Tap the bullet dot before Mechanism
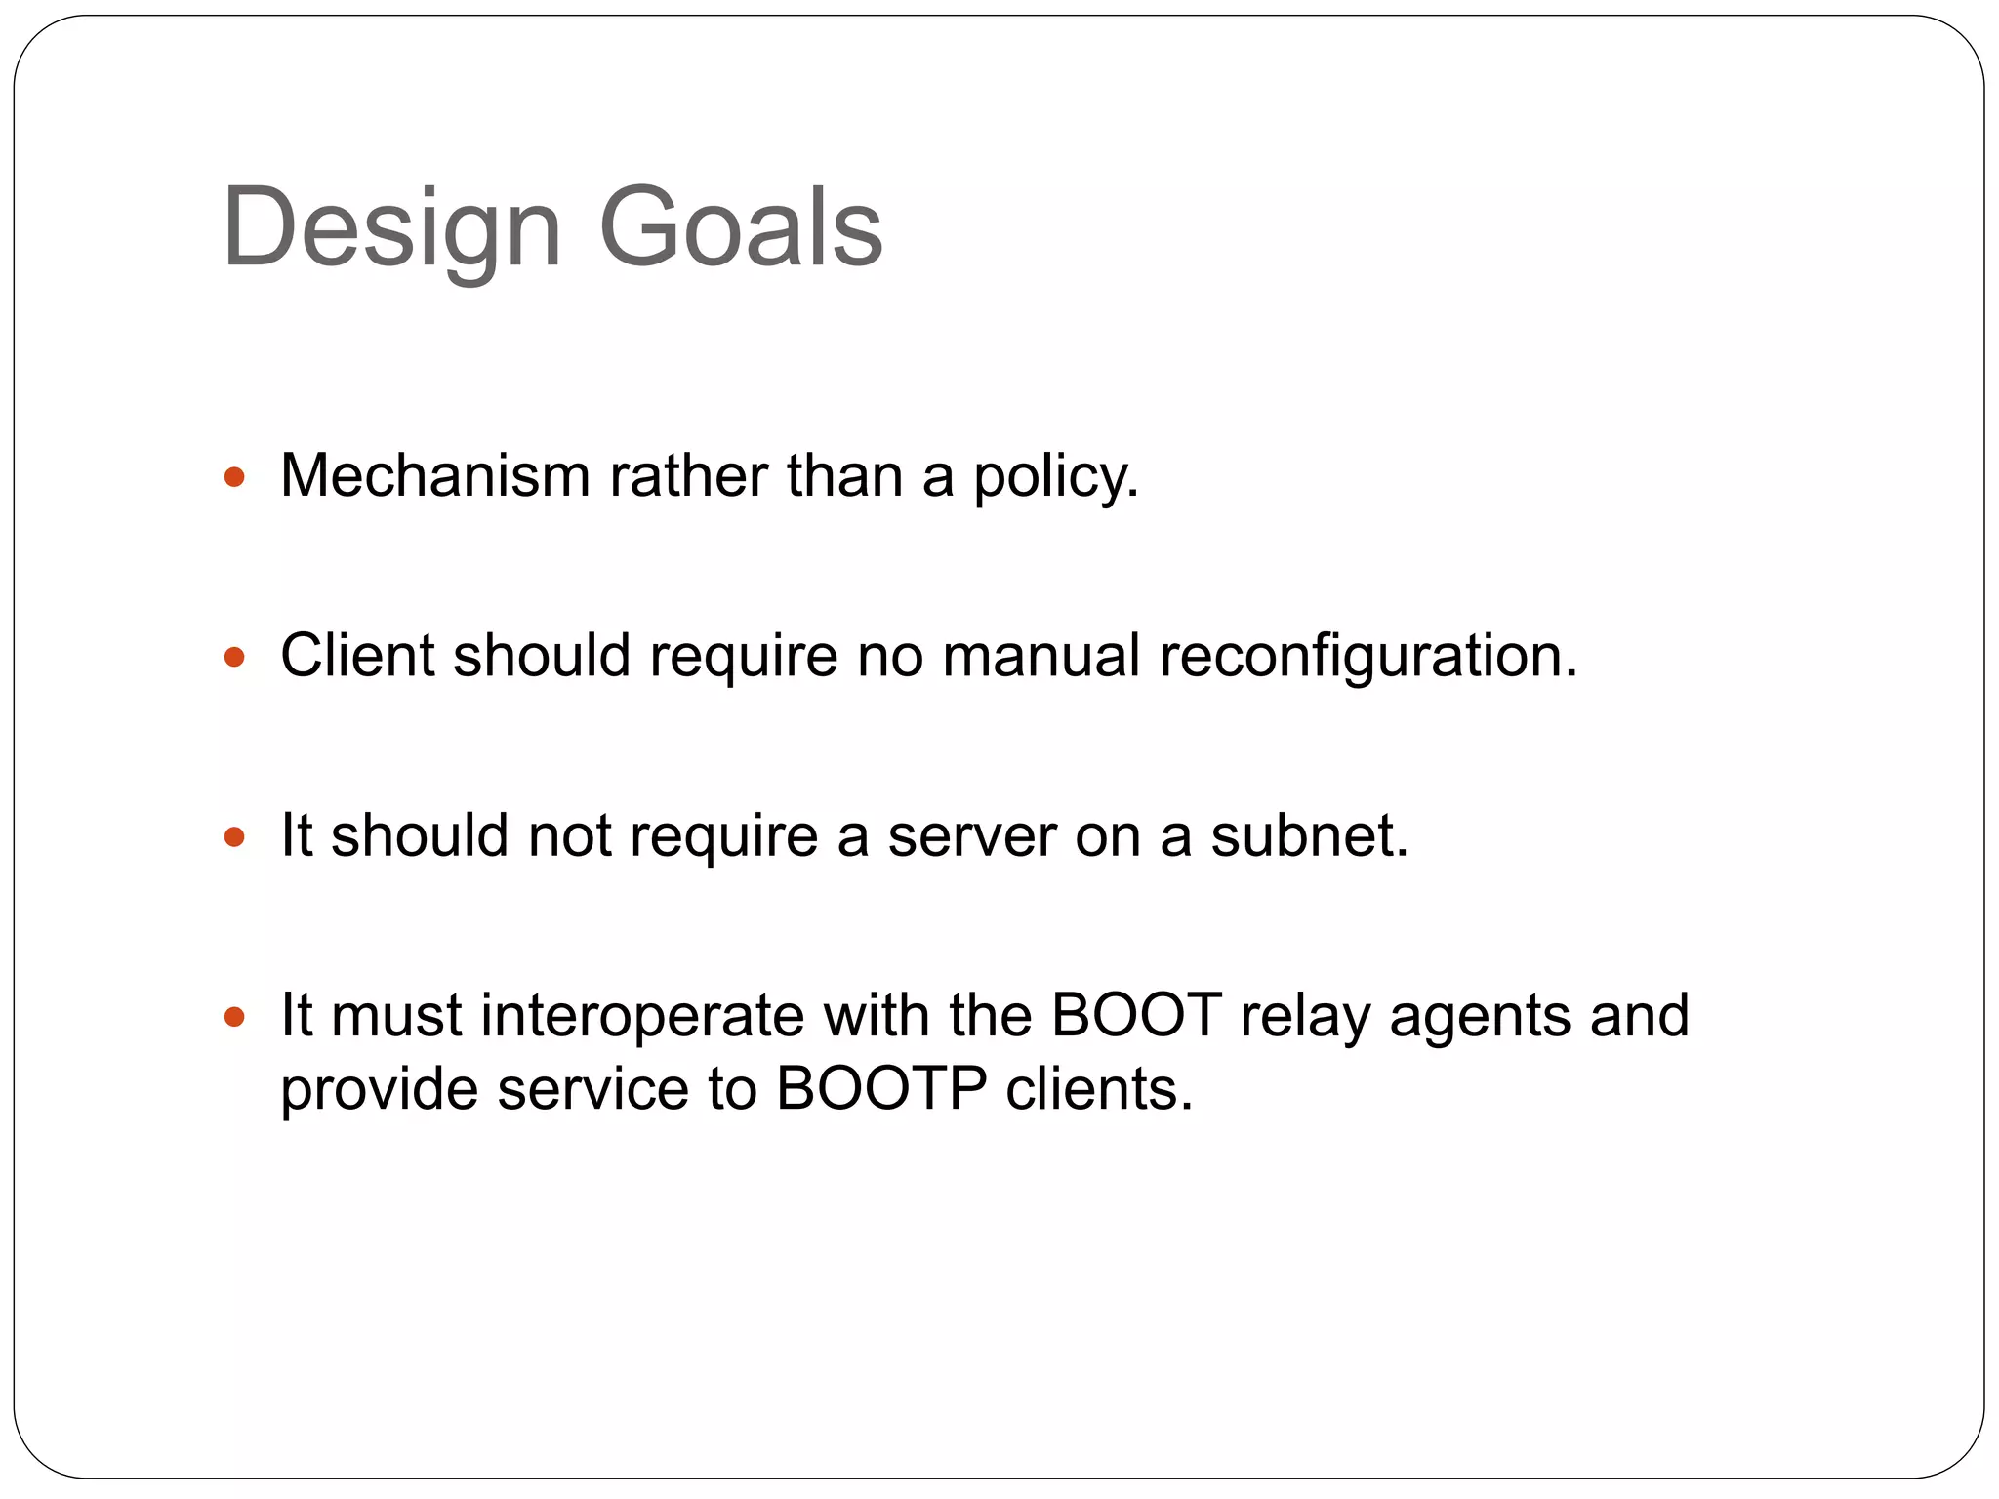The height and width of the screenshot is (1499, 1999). click(234, 477)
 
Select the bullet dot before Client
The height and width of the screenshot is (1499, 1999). click(234, 657)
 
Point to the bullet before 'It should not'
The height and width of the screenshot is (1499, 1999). click(234, 836)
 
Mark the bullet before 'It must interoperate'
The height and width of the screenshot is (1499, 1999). click(234, 1017)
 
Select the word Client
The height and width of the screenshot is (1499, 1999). click(357, 655)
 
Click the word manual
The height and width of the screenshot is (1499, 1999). click(1040, 655)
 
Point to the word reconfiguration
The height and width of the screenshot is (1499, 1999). click(1367, 657)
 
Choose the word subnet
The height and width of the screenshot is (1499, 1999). click(1309, 835)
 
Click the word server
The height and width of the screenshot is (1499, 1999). click(971, 837)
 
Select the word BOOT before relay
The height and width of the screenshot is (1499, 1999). click(1136, 1015)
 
